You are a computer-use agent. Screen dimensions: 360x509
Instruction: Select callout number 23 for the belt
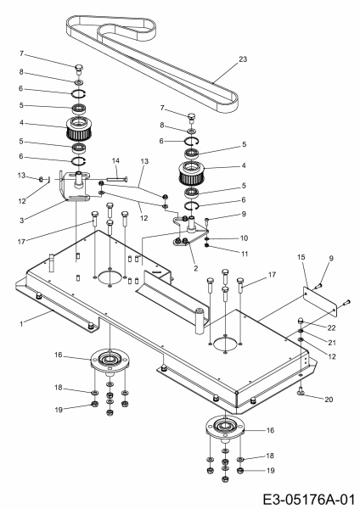click(243, 59)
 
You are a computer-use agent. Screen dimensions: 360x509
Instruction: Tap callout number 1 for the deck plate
click(21, 324)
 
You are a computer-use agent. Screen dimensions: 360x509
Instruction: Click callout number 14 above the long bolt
click(115, 160)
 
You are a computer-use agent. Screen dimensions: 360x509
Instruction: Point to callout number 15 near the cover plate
click(301, 257)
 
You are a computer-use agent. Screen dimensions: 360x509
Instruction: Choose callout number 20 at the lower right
click(329, 400)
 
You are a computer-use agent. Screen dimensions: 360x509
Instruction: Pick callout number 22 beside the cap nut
click(331, 327)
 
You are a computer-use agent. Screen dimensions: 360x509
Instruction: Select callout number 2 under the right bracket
click(195, 268)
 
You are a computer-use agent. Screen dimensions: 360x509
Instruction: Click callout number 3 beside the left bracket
click(21, 221)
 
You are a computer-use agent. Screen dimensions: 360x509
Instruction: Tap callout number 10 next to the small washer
click(244, 238)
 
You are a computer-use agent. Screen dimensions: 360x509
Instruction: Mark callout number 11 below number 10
click(245, 254)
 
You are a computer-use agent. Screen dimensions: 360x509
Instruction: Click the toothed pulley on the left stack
click(77, 128)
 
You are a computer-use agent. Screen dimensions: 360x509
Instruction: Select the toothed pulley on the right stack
click(191, 173)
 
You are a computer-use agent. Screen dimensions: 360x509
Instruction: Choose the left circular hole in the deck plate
click(110, 278)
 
